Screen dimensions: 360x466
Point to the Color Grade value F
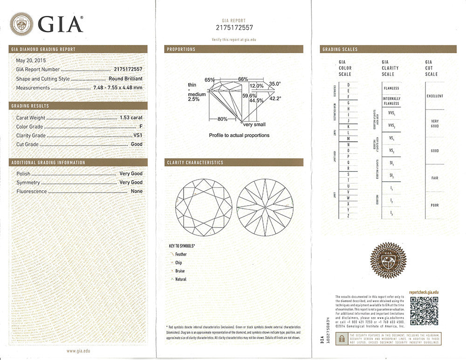(141, 127)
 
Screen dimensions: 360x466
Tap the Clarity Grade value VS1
(138, 136)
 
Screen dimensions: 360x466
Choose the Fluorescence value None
(137, 191)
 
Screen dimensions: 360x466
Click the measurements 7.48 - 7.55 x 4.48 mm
(118, 88)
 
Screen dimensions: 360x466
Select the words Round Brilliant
(125, 79)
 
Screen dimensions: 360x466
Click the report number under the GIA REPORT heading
(234, 28)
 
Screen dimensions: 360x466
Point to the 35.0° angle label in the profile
(275, 84)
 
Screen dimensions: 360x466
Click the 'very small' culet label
(254, 125)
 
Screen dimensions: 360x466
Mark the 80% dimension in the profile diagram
(222, 119)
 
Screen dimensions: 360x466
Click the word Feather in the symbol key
(181, 255)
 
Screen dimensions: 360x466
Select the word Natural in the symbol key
(181, 279)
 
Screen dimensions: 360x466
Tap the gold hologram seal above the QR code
(386, 264)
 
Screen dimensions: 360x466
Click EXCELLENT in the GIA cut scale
(435, 96)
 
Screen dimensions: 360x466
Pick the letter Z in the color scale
(348, 216)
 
